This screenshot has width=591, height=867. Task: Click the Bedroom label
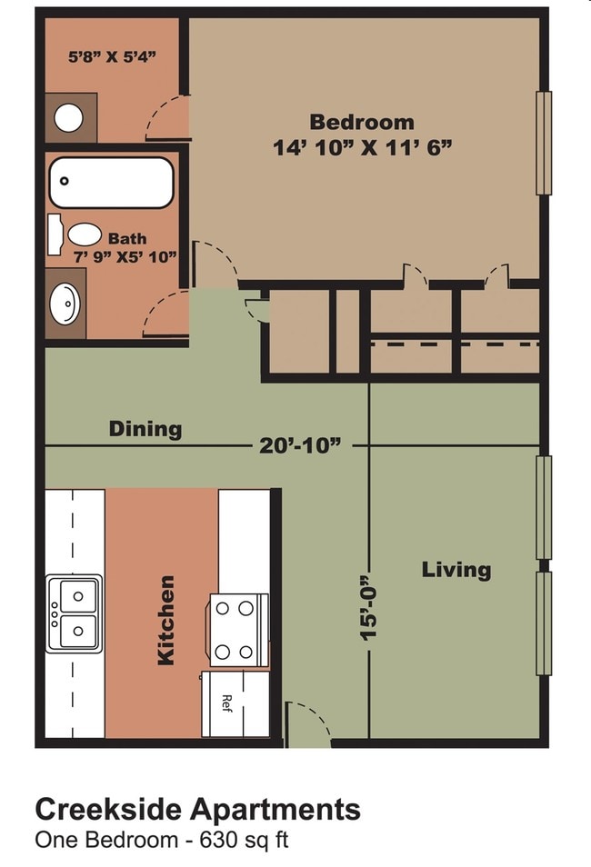pos(361,122)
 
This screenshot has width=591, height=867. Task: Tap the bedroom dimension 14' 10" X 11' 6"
pos(363,148)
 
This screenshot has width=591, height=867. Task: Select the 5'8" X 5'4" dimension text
pos(112,56)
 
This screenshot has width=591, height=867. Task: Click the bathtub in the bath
pos(111,182)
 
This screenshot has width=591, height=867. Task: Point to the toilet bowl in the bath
pos(85,234)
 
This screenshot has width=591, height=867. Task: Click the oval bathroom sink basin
pos(65,304)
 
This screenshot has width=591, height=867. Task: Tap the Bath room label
pos(127,239)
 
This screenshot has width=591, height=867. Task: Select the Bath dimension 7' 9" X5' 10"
pos(125,256)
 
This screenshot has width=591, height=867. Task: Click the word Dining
pos(145,429)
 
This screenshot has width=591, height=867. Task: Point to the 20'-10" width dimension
pos(300,445)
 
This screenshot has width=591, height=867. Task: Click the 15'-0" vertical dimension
pos(368,608)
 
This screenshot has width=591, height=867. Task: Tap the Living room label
pos(456,570)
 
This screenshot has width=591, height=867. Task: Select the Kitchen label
pos(166,621)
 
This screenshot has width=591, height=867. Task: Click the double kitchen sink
pos(75,613)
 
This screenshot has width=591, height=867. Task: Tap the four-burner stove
pos(239,631)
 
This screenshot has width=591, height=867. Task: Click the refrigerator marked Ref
pos(235,704)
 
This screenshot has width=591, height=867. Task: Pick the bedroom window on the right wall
pos(544,143)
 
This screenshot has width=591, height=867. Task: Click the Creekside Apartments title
pos(197,810)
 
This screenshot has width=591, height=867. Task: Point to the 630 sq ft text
pos(244,841)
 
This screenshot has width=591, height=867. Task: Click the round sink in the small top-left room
pos(68,118)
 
